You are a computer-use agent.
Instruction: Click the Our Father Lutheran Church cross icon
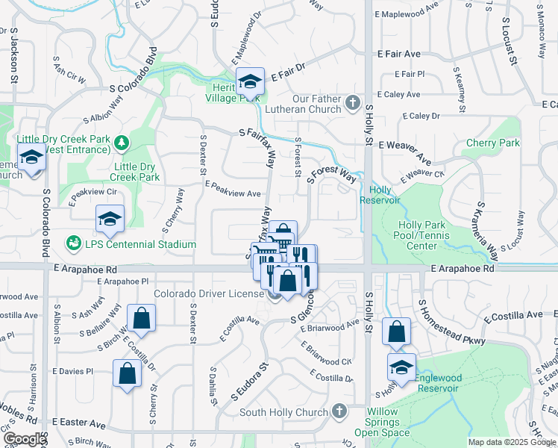pos(354,101)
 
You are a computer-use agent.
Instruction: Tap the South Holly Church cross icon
pos(339,411)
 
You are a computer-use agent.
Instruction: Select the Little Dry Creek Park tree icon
pos(120,142)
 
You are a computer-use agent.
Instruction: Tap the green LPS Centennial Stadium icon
pos(73,243)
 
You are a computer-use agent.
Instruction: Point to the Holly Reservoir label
pos(380,195)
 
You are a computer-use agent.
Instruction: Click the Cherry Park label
pos(492,143)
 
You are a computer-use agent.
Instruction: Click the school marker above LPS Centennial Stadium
pos(110,219)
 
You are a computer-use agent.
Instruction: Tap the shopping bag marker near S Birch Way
pos(142,319)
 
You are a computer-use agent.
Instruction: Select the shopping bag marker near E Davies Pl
pos(128,373)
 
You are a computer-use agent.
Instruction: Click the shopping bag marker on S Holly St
pos(397,331)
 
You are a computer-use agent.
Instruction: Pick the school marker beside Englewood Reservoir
pos(401,367)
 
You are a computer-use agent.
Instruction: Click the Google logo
pos(25,439)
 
